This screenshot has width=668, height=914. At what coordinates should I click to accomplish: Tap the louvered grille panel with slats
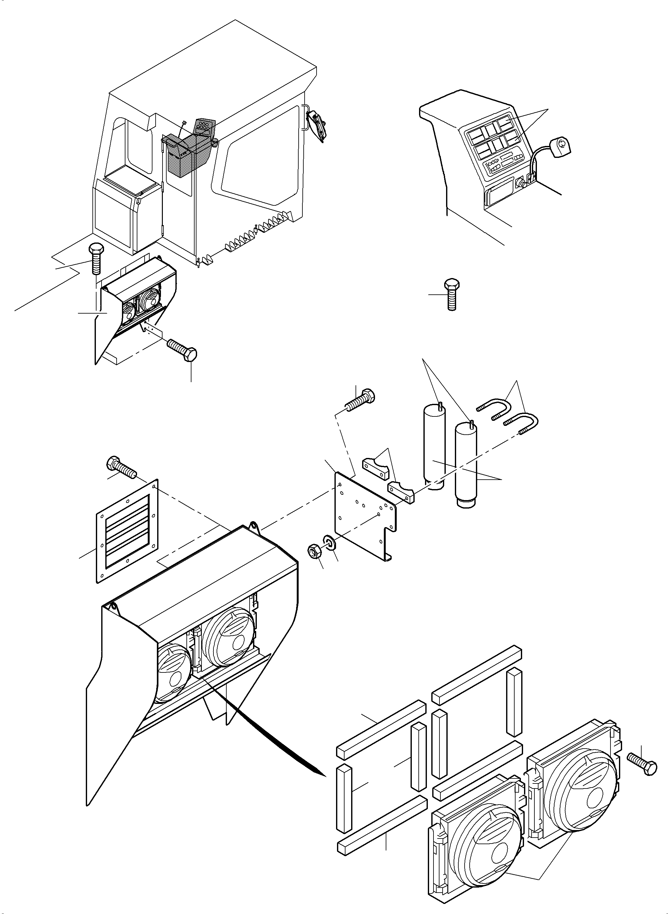[x=127, y=530]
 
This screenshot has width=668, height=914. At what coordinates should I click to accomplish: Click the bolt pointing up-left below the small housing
[x=182, y=349]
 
